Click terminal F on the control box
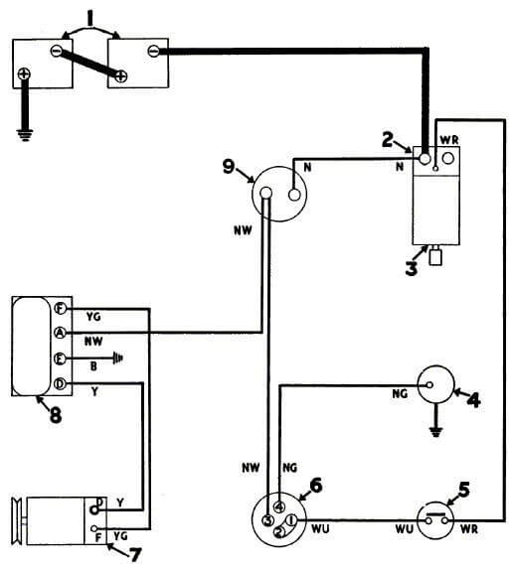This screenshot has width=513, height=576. [x=60, y=309]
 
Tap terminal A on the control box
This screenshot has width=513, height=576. [x=60, y=333]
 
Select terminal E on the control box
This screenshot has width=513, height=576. [x=60, y=359]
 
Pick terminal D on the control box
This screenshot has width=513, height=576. [x=60, y=384]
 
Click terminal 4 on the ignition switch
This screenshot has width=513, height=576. [x=279, y=506]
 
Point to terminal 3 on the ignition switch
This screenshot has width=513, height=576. [x=267, y=520]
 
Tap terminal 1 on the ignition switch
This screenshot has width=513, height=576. [x=291, y=520]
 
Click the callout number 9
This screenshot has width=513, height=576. [x=229, y=167]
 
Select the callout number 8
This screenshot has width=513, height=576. [x=56, y=415]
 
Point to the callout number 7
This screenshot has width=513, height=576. [x=135, y=555]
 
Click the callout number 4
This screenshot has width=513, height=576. [x=473, y=400]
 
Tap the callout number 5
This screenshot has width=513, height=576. [x=464, y=490]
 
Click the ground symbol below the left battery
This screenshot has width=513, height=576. [x=25, y=135]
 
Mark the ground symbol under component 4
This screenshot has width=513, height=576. [x=436, y=432]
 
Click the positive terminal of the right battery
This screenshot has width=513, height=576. [x=121, y=76]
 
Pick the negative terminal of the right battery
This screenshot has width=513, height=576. [x=153, y=51]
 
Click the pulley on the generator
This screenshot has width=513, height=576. [x=17, y=520]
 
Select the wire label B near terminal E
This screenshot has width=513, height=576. [x=93, y=366]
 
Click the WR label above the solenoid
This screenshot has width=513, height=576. [x=449, y=140]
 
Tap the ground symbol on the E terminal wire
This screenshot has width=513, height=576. [x=118, y=358]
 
